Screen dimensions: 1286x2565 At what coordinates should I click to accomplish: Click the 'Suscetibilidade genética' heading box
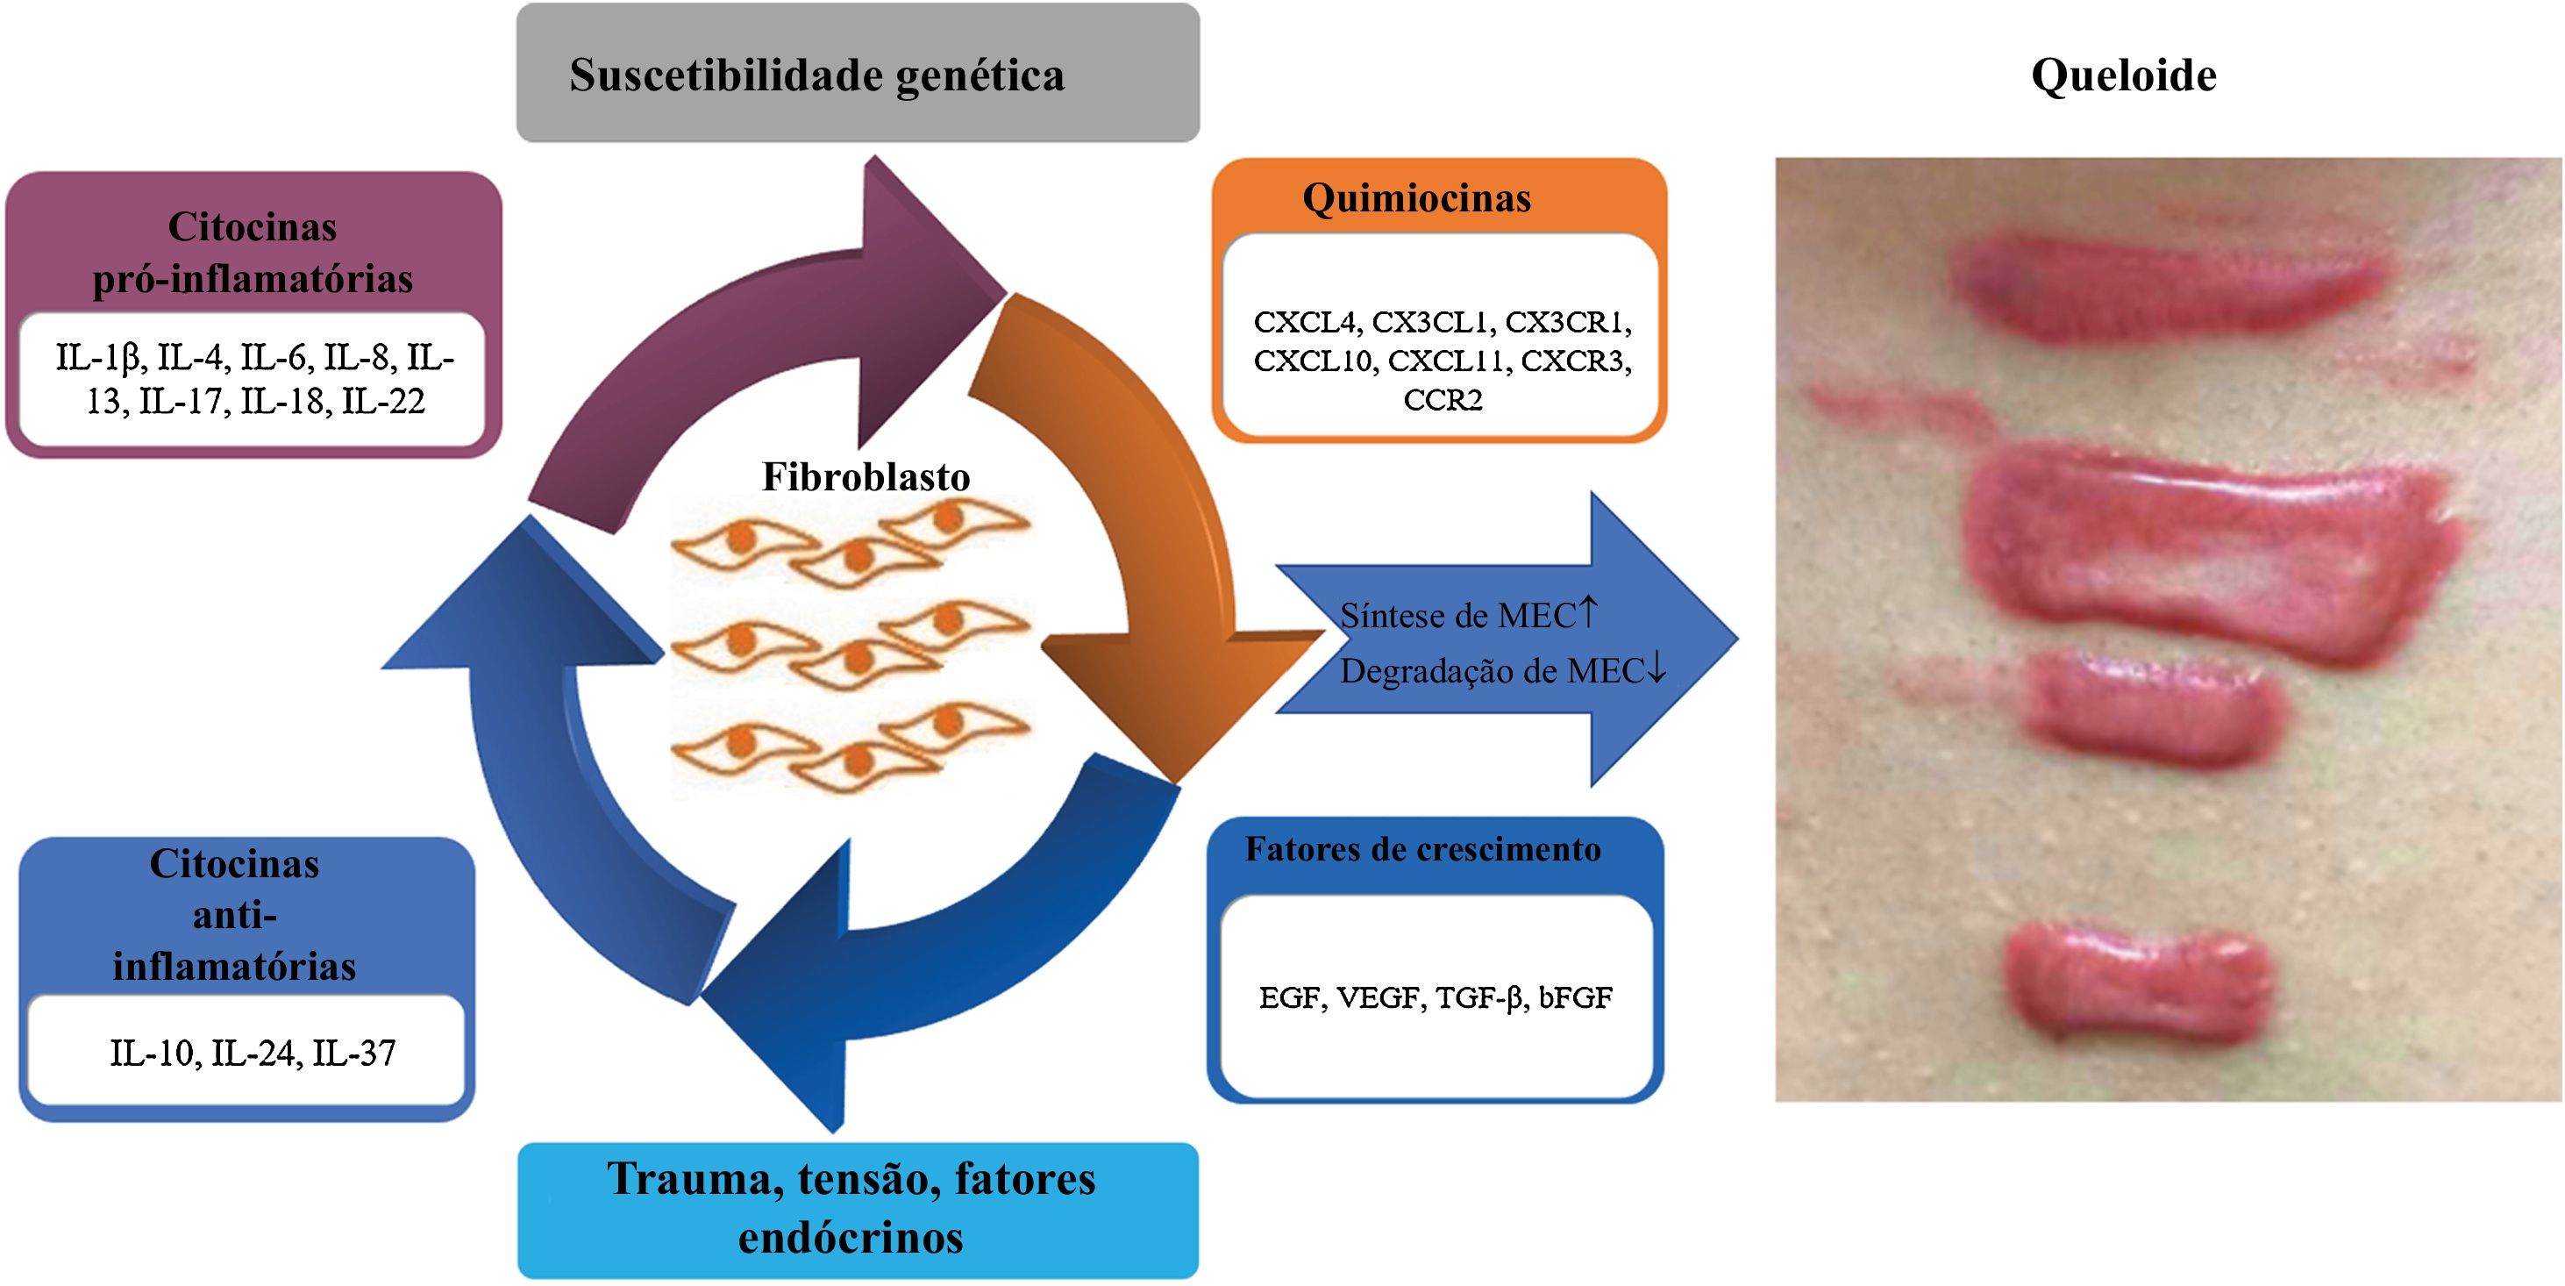[x=857, y=74]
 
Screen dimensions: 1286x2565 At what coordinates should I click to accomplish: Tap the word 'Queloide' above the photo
[x=2123, y=75]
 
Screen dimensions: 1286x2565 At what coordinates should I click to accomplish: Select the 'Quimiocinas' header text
[x=1416, y=197]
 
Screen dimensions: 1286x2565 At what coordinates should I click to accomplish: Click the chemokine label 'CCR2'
[x=1442, y=400]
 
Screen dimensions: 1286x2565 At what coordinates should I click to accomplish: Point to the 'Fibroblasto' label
[x=866, y=476]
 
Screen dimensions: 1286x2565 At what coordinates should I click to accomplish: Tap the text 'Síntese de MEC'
[x=1457, y=616]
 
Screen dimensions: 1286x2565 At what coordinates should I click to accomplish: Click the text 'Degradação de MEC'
[x=1491, y=671]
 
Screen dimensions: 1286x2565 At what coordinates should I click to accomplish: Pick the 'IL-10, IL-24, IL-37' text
[x=253, y=1053]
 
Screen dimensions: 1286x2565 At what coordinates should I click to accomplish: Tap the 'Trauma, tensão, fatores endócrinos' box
[x=857, y=1208]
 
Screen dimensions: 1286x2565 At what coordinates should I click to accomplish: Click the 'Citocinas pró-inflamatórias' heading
[x=252, y=252]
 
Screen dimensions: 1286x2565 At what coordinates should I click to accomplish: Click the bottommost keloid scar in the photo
[x=2136, y=982]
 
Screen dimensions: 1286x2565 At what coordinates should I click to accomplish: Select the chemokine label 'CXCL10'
[x=1315, y=361]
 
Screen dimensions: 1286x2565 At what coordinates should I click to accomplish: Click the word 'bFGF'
[x=1575, y=997]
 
